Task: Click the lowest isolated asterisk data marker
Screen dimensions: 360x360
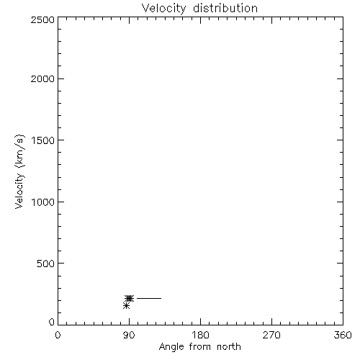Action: click(126, 306)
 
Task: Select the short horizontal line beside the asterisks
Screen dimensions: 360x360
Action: click(149, 298)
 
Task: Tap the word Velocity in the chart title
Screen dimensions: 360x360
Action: click(163, 9)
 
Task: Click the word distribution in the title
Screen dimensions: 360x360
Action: click(225, 8)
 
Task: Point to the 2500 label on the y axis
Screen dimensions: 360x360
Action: click(42, 19)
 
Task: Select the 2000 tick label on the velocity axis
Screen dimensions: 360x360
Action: click(42, 79)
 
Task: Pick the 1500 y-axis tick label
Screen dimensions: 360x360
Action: click(43, 140)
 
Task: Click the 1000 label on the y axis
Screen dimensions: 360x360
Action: click(43, 202)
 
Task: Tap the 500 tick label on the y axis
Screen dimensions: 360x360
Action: click(46, 264)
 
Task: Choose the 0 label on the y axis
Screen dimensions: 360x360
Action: click(52, 322)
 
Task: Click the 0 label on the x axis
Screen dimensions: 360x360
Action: click(58, 335)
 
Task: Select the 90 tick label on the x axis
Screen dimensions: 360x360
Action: click(129, 335)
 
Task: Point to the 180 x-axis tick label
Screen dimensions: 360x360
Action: click(200, 335)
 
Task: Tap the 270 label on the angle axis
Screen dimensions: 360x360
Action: click(271, 335)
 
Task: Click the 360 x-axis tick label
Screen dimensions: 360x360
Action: click(343, 335)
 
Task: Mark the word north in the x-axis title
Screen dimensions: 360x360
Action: click(229, 347)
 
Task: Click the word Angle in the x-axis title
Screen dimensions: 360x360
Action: click(171, 347)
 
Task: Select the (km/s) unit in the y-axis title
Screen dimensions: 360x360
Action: click(19, 151)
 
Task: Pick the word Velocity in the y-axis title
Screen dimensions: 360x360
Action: click(19, 192)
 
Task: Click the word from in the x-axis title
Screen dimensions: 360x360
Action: click(200, 347)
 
